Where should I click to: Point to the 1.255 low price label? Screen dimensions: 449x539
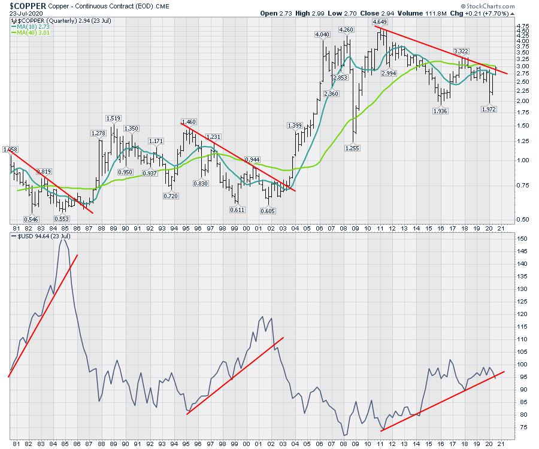coord(352,148)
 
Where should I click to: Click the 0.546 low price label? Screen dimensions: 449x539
coord(31,219)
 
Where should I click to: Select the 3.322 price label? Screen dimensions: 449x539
coord(461,51)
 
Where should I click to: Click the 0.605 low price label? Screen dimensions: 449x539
coord(268,210)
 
